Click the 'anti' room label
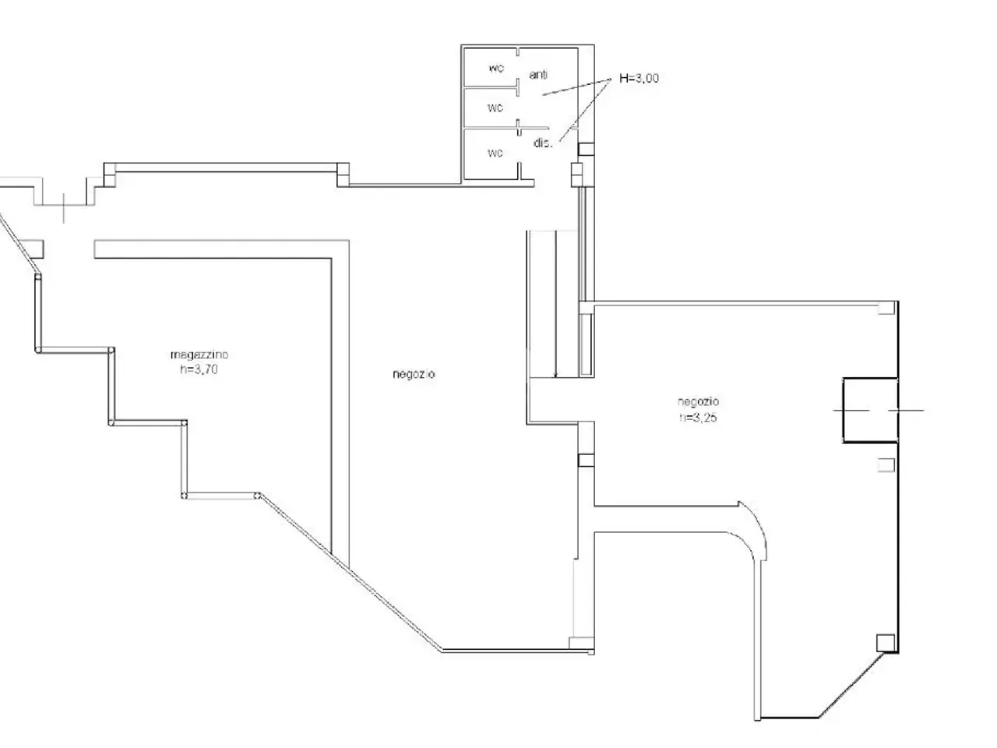click(x=537, y=75)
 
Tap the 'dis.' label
click(x=543, y=143)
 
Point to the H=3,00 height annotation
click(x=639, y=78)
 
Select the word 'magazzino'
click(x=199, y=355)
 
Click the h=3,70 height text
click(x=199, y=369)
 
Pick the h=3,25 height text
click(x=698, y=418)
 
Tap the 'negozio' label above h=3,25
click(x=698, y=402)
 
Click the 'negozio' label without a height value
click(x=414, y=374)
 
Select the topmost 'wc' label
click(x=496, y=69)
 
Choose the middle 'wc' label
click(x=495, y=108)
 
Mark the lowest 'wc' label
click(x=495, y=153)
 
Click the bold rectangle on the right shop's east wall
click(x=870, y=410)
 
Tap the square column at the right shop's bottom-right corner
click(x=886, y=643)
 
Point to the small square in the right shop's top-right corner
click(x=886, y=308)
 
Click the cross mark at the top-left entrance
click(x=64, y=208)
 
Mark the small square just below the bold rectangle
click(x=886, y=465)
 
